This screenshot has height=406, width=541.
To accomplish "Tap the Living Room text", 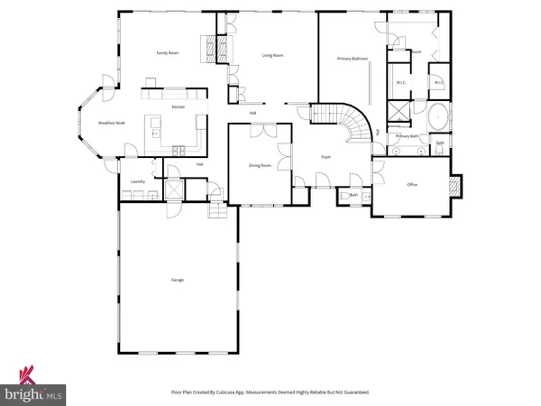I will click(273, 56).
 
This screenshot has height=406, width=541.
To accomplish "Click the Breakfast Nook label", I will click(111, 123).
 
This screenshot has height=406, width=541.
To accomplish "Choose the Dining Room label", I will click(261, 166).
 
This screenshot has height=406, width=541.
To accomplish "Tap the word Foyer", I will click(326, 157).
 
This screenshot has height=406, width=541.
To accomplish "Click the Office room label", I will click(412, 185).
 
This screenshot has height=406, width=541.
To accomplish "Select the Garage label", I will click(178, 281).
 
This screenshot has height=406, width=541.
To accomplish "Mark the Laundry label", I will click(138, 181).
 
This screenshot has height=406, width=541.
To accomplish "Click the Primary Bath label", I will click(408, 136).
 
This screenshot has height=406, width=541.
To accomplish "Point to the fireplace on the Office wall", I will click(455, 187).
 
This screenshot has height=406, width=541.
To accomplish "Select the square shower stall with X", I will click(398, 111).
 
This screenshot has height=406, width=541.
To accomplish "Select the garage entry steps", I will click(217, 210).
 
